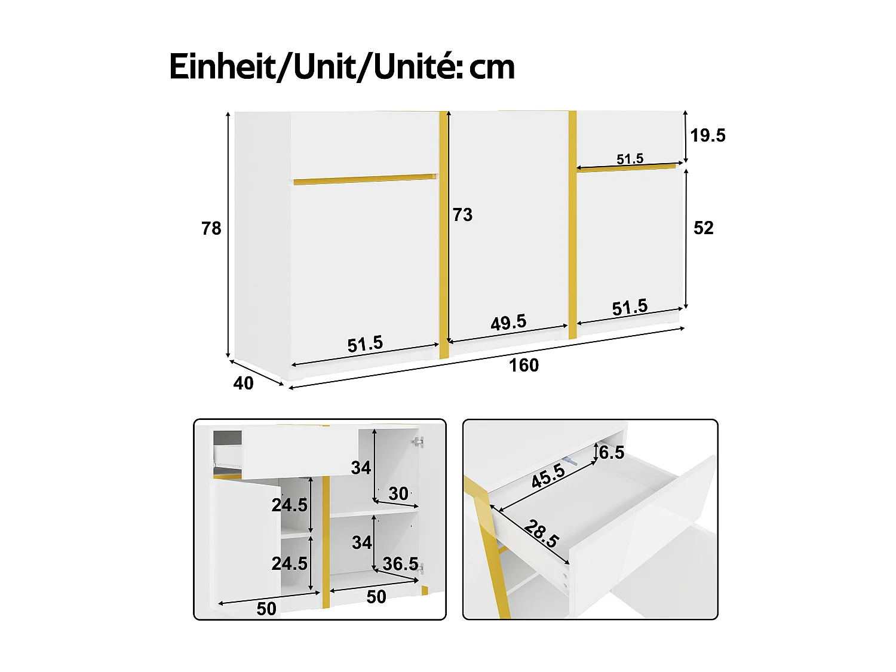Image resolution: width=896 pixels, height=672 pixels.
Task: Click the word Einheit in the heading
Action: [222, 66]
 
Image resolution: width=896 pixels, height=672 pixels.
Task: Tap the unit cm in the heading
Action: [492, 67]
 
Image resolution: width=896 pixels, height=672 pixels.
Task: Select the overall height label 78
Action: [211, 228]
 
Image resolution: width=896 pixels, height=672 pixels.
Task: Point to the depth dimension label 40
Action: [243, 383]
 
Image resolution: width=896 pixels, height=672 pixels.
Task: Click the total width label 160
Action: [523, 365]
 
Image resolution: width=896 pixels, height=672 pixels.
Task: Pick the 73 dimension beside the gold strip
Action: [462, 214]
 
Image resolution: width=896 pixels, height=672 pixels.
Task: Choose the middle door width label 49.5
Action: [508, 323]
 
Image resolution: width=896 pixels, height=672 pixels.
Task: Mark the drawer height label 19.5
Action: [708, 136]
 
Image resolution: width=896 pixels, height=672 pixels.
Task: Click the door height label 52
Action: [704, 228]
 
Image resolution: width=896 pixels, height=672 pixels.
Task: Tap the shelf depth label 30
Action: [398, 493]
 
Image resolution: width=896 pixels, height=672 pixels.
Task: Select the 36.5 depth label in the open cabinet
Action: [400, 563]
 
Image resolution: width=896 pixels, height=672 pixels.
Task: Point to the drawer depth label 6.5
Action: [611, 453]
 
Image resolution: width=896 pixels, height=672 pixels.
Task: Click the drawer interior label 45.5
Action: [548, 476]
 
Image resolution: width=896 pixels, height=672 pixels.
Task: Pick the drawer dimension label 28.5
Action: [542, 533]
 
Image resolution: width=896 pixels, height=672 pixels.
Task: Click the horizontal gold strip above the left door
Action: [365, 179]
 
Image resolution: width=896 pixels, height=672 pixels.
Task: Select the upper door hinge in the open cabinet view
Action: [418, 442]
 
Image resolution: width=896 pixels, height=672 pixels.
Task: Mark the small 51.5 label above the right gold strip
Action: [630, 159]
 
